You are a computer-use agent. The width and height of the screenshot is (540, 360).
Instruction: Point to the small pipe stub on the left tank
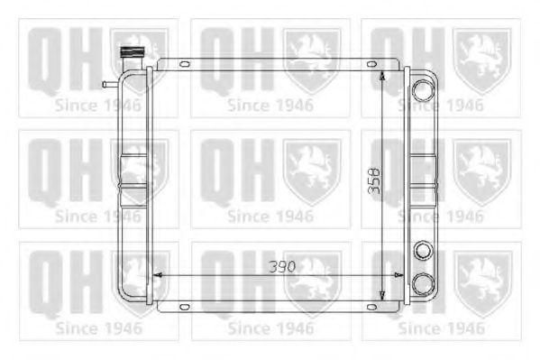click(109, 84)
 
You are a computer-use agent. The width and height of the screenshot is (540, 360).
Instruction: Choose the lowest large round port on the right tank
click(422, 283)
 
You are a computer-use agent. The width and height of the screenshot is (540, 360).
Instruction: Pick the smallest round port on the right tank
click(422, 250)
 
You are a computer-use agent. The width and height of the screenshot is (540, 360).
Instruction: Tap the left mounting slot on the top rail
click(184, 64)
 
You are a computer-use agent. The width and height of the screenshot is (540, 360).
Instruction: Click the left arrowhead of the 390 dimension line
click(156, 272)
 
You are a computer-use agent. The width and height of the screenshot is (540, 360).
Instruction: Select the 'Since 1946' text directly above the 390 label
click(270, 217)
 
